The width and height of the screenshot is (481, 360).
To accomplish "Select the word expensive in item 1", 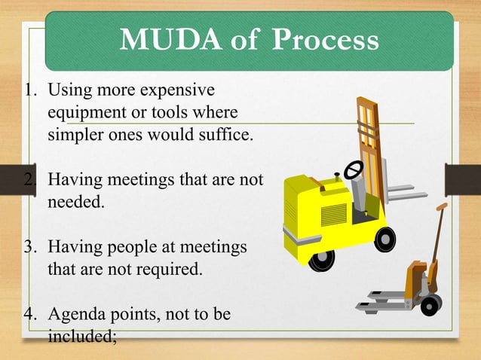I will [176, 91].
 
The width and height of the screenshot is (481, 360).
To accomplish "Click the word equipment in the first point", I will [86, 114].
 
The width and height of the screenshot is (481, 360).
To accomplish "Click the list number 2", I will [30, 180].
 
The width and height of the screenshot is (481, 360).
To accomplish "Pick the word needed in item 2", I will [77, 203].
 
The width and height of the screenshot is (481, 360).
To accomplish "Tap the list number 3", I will [30, 246].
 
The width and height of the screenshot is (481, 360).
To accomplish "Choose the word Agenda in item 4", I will [74, 313].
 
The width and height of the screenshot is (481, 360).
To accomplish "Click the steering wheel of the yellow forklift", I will [353, 170].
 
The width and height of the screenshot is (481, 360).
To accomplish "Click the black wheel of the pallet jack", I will [430, 305].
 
